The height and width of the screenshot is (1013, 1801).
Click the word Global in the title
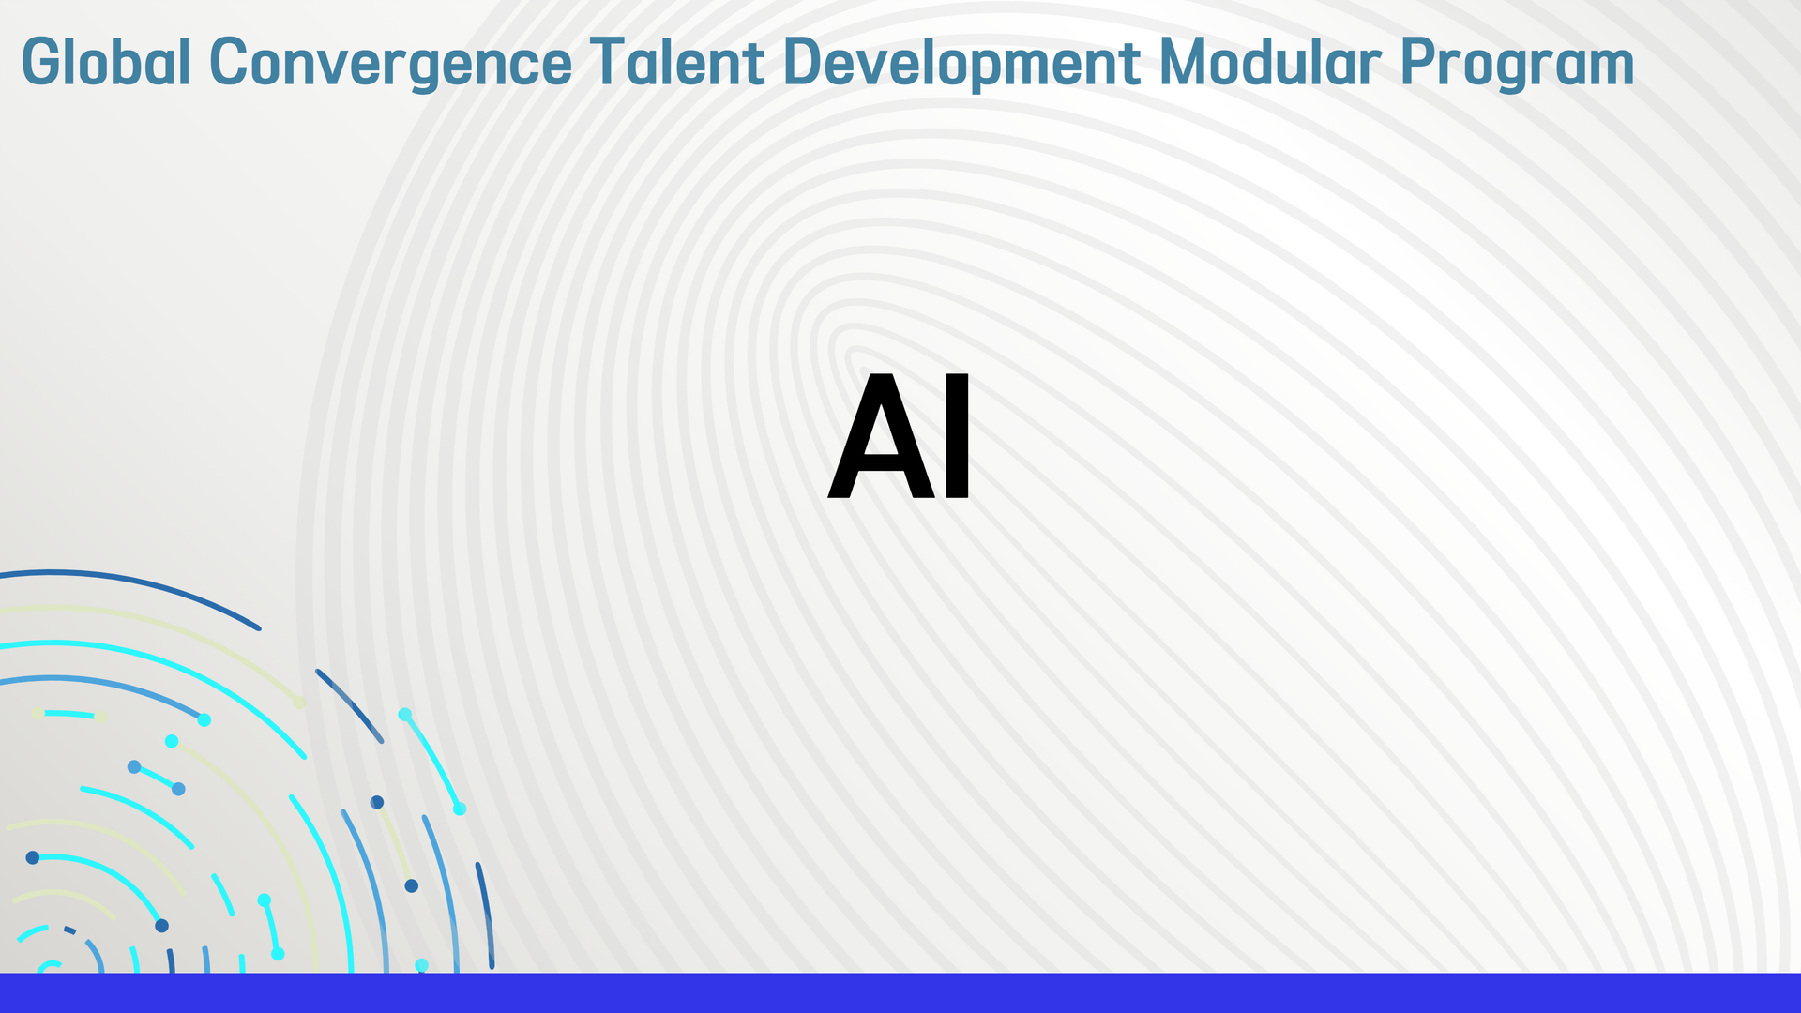click(x=106, y=62)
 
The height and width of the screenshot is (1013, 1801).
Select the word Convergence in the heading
click(x=391, y=62)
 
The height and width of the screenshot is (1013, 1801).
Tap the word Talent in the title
click(x=677, y=62)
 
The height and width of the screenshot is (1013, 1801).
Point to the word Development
click(x=961, y=64)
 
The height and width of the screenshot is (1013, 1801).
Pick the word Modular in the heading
click(x=1270, y=62)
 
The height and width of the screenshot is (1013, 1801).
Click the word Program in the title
click(x=1517, y=64)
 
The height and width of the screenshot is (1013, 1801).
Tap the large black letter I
click(x=958, y=437)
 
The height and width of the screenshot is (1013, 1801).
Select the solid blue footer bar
click(x=900, y=993)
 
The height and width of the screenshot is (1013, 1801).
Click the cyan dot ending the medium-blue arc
click(x=204, y=720)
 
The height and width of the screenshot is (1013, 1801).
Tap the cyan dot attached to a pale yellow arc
click(x=172, y=741)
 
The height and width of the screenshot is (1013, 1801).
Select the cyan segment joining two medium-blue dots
click(x=157, y=777)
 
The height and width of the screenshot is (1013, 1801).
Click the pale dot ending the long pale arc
click(x=299, y=703)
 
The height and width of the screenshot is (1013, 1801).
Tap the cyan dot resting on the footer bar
click(x=422, y=965)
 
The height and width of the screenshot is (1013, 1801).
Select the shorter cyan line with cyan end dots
click(x=271, y=926)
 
